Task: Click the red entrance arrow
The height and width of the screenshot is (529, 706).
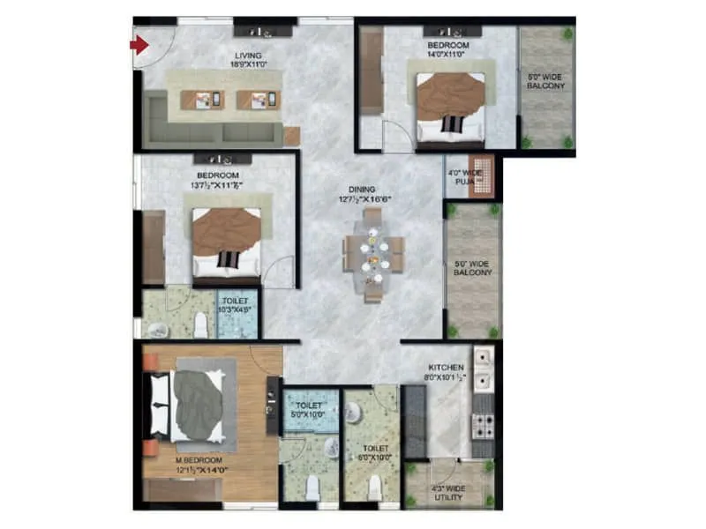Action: coord(139,43)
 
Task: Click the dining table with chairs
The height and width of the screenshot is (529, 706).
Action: coord(374,257)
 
